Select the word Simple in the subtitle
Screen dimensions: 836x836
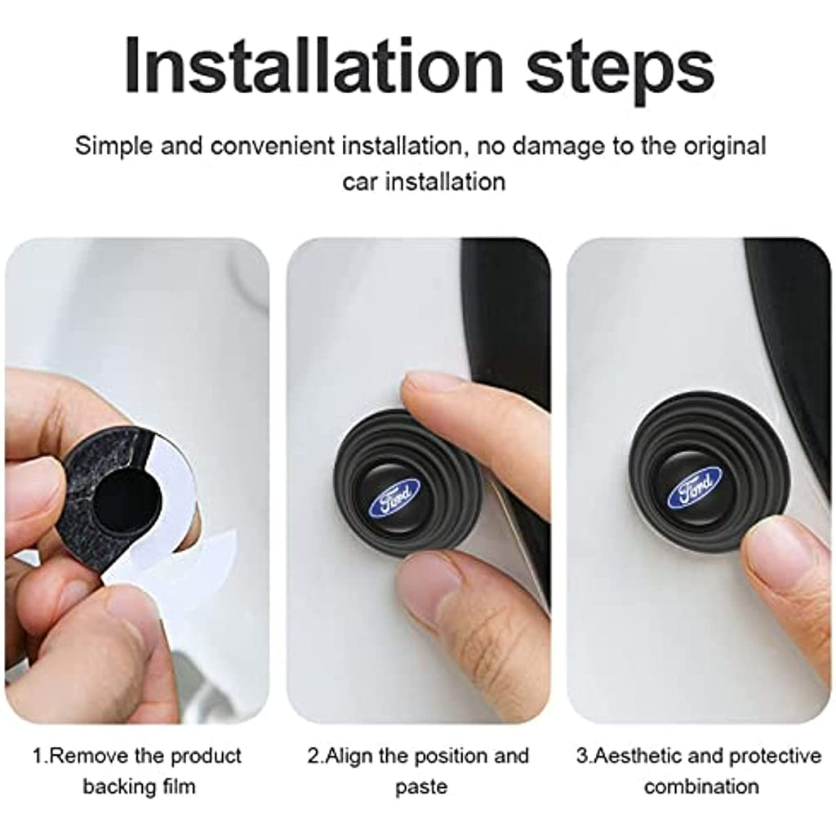(x=113, y=147)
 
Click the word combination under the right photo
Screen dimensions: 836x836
(x=701, y=786)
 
